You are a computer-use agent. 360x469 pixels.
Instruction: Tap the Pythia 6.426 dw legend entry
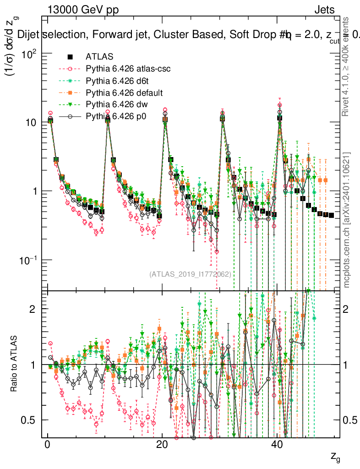pos(114,105)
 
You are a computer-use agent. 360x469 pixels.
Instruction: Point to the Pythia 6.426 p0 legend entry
pos(113,117)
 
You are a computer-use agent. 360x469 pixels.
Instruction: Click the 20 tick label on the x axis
pos(162,446)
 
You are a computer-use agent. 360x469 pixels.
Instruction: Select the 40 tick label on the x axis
pos(276,446)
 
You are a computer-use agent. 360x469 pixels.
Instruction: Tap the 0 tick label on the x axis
pos(47,446)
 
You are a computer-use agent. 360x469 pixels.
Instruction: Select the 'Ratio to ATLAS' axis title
pos(16,365)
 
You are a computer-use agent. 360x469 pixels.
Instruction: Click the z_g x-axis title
pos(335,457)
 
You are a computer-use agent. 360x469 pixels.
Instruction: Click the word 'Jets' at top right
pos(324,10)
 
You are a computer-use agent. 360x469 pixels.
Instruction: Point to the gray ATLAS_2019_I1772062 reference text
pos(190,274)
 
